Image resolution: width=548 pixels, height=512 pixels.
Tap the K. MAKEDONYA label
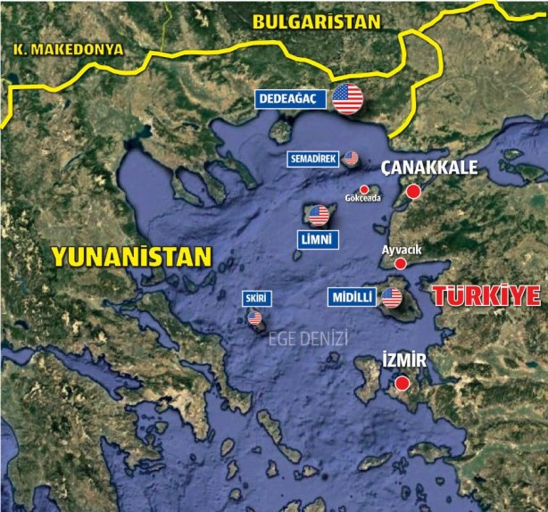[67, 51]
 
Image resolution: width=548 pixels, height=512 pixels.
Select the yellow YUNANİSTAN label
[131, 257]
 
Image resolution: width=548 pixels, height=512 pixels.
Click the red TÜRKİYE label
[486, 297]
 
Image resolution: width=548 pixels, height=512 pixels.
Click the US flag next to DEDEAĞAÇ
[348, 98]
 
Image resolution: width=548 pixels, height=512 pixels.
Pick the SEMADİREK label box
[312, 159]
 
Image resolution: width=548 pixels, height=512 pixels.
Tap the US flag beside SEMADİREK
[351, 158]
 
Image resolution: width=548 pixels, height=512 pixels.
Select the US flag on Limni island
[319, 214]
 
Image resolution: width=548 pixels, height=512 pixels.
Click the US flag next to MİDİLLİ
[391, 298]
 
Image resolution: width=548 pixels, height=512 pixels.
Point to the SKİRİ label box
[255, 298]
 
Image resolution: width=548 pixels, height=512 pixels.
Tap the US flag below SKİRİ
[255, 318]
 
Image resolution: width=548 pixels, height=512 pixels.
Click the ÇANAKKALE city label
[430, 167]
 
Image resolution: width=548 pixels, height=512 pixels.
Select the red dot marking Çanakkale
[413, 191]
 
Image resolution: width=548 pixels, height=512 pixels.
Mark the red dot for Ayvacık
[401, 264]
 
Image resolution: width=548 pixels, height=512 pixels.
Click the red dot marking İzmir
[403, 383]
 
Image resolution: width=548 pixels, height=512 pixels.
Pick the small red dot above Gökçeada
[364, 188]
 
